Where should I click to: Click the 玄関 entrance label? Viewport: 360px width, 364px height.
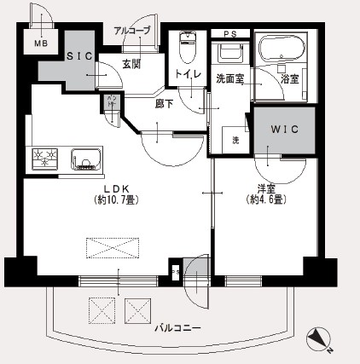pos(131,63)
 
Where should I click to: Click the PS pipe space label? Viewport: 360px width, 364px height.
pos(229,34)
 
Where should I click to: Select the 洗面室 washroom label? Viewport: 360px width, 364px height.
pos(229,78)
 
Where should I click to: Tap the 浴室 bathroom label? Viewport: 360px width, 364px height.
pos(289,78)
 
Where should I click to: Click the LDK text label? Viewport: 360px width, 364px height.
pos(116,188)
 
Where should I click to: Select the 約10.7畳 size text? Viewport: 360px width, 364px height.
pos(116,200)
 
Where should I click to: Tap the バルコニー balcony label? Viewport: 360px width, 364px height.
pos(177,327)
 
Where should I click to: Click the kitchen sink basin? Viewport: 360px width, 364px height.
pos(86,159)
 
